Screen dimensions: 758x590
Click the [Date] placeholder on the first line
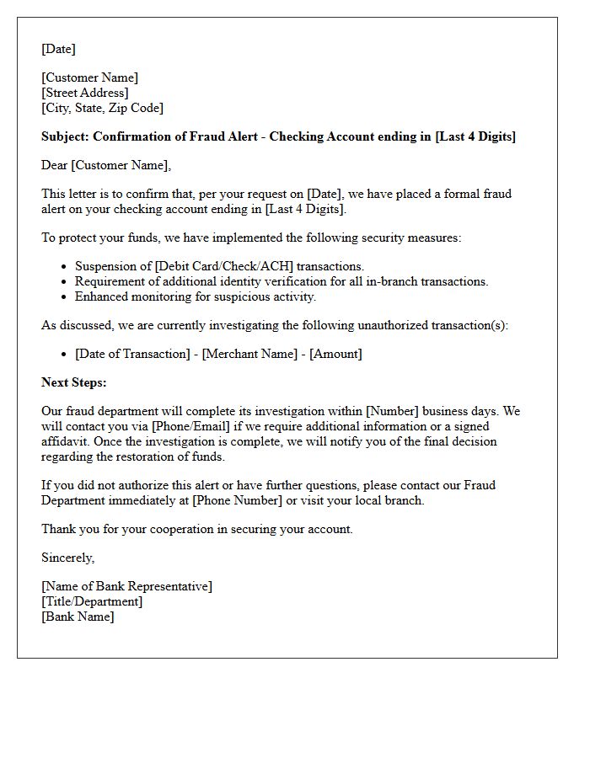[58, 49]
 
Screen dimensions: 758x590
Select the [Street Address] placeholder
[85, 93]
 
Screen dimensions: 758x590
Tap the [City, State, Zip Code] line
[103, 108]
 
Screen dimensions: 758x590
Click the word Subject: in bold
[65, 136]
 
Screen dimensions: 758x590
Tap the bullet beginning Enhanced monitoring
[195, 296]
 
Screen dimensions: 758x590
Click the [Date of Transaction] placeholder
[132, 354]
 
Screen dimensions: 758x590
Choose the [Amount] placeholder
[335, 354]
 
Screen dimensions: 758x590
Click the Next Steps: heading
[74, 382]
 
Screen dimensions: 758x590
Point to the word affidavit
[67, 441]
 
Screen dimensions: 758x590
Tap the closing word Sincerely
[67, 558]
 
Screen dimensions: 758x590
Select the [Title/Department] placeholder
[92, 601]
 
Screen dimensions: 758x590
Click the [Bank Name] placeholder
[78, 617]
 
